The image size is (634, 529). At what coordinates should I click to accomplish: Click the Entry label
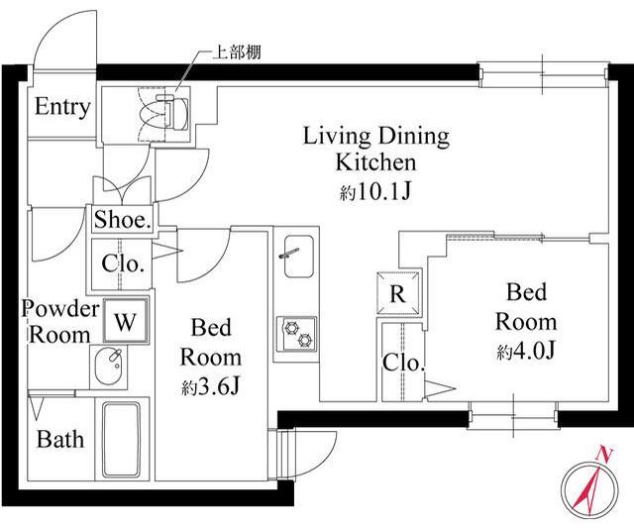[x=62, y=107]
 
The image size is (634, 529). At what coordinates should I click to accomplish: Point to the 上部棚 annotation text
[x=237, y=53]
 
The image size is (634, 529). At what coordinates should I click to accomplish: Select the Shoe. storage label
[x=123, y=220]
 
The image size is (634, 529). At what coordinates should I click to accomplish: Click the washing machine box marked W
[x=126, y=321]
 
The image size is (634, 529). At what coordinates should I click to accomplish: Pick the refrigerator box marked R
[x=398, y=293]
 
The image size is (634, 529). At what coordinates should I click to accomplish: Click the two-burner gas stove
[x=297, y=334]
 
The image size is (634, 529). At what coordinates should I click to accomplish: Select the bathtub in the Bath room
[x=121, y=439]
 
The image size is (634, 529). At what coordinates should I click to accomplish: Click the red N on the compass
[x=604, y=455]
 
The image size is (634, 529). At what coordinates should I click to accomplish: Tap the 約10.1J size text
[x=375, y=192]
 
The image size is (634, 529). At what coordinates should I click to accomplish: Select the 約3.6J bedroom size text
[x=211, y=387]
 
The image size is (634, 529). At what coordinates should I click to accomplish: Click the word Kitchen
[x=376, y=162]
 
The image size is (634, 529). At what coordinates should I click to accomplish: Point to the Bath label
[x=60, y=439]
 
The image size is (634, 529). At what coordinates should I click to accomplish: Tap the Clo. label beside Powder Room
[x=123, y=264]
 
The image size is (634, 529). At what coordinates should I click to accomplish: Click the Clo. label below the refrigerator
[x=403, y=363]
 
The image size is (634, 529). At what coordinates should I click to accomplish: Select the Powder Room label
[x=60, y=322]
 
